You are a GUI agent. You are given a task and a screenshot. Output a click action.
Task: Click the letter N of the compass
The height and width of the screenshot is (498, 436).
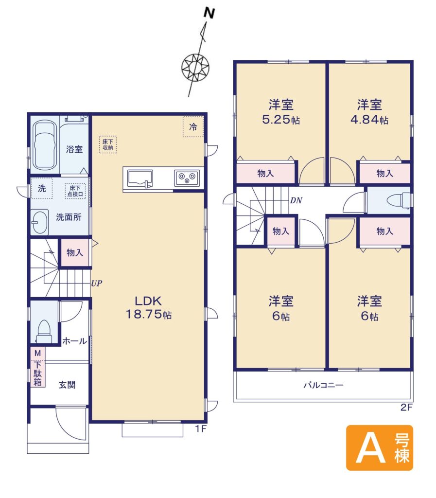[x=209, y=13]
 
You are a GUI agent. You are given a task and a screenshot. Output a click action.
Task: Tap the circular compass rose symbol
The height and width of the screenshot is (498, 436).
[x=195, y=67]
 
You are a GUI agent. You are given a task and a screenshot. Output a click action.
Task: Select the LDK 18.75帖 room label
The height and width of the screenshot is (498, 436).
[x=149, y=307]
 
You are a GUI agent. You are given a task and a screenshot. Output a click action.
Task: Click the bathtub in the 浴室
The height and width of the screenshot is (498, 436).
[x=45, y=145]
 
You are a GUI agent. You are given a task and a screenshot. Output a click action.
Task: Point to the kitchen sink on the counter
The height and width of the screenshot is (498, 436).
[x=140, y=179]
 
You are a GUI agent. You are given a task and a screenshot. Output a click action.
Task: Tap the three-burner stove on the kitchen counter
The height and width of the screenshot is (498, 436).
[x=187, y=178]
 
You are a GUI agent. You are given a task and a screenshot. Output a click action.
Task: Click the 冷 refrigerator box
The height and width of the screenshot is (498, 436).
[x=193, y=127]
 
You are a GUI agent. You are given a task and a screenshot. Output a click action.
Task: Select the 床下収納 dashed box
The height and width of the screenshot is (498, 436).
[x=108, y=144]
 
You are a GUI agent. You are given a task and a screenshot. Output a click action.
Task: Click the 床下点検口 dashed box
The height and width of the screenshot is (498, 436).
[x=75, y=191]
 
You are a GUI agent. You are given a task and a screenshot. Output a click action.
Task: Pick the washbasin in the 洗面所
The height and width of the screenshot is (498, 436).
[x=40, y=222]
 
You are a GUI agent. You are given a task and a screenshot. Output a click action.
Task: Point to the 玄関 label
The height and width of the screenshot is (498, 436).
[x=67, y=385]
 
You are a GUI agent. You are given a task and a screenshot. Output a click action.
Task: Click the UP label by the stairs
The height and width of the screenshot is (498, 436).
[x=96, y=284]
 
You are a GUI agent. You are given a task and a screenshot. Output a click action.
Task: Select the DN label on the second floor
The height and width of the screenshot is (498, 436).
[x=296, y=200]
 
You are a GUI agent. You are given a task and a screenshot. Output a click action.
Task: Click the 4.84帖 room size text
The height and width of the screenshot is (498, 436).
[x=369, y=120]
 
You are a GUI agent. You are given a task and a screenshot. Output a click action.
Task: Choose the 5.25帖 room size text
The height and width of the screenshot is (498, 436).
[x=281, y=120]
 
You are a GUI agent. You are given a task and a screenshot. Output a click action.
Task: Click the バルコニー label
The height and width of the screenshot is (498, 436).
[x=323, y=385]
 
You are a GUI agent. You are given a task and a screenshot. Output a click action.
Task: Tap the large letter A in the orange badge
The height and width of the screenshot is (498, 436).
[x=370, y=448]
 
